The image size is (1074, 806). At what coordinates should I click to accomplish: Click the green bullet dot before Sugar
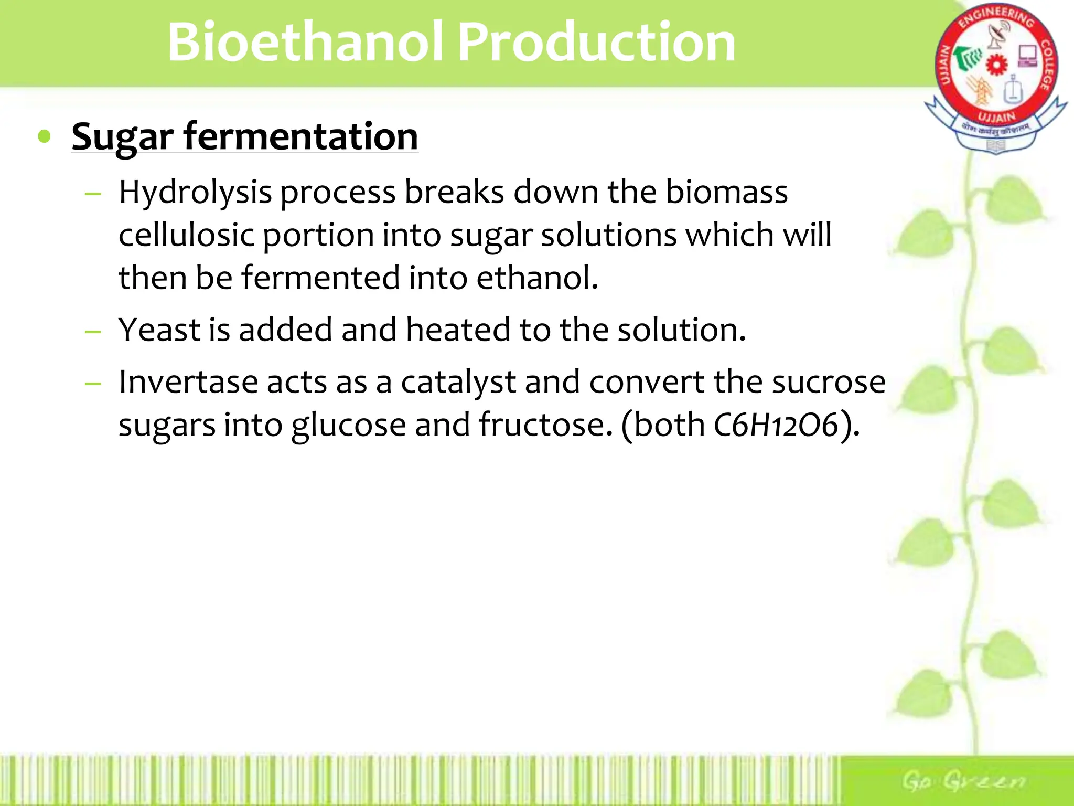[45, 136]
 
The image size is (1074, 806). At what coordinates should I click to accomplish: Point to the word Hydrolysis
[195, 192]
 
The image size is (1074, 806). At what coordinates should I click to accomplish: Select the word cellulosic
[186, 235]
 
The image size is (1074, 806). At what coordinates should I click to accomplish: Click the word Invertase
[188, 382]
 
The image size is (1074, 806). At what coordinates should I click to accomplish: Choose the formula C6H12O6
[776, 425]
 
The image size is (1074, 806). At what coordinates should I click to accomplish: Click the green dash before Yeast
[93, 332]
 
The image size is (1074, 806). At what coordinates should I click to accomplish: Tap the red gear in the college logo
[996, 65]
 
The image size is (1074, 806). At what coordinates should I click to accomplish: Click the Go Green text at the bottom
[963, 781]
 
